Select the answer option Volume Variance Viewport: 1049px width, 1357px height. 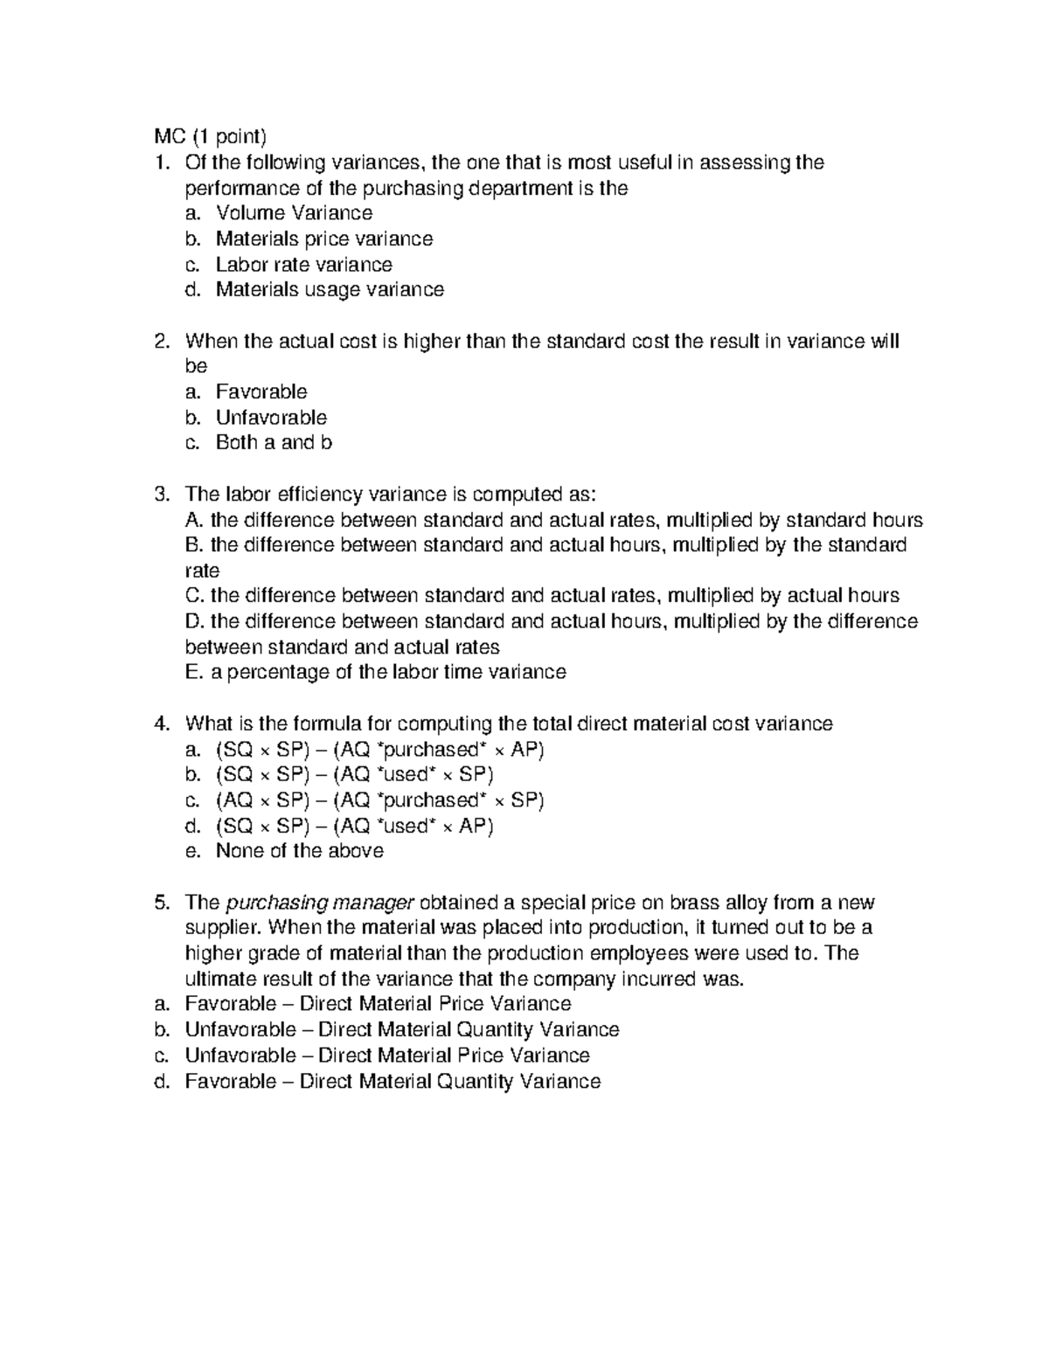pyautogui.click(x=294, y=213)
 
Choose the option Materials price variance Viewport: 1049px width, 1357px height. pyautogui.click(x=323, y=239)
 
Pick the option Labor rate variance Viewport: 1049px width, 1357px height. pyautogui.click(x=303, y=264)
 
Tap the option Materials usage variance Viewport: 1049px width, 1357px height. pyautogui.click(x=330, y=289)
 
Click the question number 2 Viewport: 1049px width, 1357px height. pyautogui.click(x=160, y=341)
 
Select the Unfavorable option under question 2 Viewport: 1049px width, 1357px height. pyautogui.click(x=271, y=418)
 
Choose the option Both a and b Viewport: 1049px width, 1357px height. pyautogui.click(x=274, y=443)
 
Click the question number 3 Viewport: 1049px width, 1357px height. pyautogui.click(x=160, y=495)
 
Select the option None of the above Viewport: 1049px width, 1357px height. pyautogui.click(x=299, y=851)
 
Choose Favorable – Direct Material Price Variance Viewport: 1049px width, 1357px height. pyautogui.click(x=378, y=1005)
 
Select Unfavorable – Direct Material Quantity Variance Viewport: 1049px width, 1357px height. pyautogui.click(x=402, y=1030)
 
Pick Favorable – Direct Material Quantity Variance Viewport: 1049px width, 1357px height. pyautogui.click(x=393, y=1082)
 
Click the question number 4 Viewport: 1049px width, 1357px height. pyautogui.click(x=160, y=724)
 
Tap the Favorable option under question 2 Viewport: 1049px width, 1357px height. pyautogui.click(x=261, y=392)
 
